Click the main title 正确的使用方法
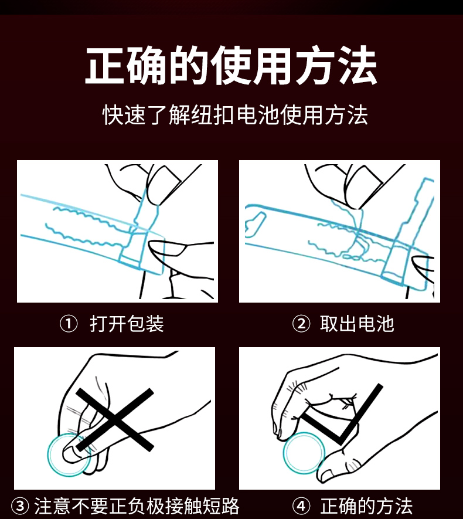(x=231, y=65)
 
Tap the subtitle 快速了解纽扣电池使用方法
(x=235, y=115)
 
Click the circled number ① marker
(x=69, y=324)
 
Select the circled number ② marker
(x=301, y=324)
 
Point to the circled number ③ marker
(x=20, y=506)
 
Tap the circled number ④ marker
(x=301, y=506)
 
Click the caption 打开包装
(x=127, y=323)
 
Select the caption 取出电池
(x=357, y=323)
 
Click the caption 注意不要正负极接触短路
(x=137, y=506)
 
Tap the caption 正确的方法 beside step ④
(x=366, y=506)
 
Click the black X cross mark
(x=115, y=419)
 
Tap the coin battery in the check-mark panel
(x=304, y=453)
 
